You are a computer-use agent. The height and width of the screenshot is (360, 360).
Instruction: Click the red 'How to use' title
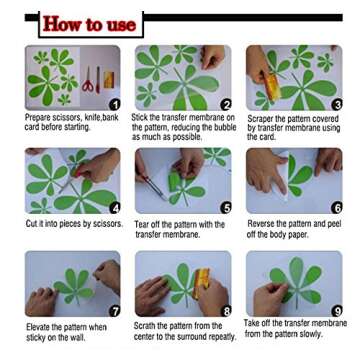coord(89,24)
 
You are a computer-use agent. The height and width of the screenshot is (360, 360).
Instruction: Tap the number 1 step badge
coord(115,105)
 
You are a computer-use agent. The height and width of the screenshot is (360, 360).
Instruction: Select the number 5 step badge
coord(226,208)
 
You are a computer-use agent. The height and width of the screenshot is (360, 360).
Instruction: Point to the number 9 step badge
coord(337,311)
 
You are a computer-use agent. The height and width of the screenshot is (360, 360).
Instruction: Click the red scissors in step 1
coord(88,80)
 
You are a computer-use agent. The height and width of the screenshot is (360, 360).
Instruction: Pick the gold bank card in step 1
coord(109,80)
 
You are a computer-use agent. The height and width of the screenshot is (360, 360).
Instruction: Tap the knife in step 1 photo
coord(98,80)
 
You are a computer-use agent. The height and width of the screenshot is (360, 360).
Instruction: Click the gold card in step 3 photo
coord(272,87)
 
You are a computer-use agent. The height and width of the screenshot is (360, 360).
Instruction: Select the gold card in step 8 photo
coord(202,283)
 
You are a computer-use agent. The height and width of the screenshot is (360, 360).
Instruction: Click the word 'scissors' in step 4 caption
coord(107,224)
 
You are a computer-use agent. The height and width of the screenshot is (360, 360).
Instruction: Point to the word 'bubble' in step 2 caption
coord(224,127)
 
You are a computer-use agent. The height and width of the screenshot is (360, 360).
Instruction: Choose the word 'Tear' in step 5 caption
coord(142,225)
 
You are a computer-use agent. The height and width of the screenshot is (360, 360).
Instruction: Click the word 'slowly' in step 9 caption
coord(310,334)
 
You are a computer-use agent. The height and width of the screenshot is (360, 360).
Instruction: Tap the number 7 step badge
coord(115,311)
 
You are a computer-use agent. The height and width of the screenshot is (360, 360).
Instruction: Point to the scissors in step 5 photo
coord(152,187)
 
